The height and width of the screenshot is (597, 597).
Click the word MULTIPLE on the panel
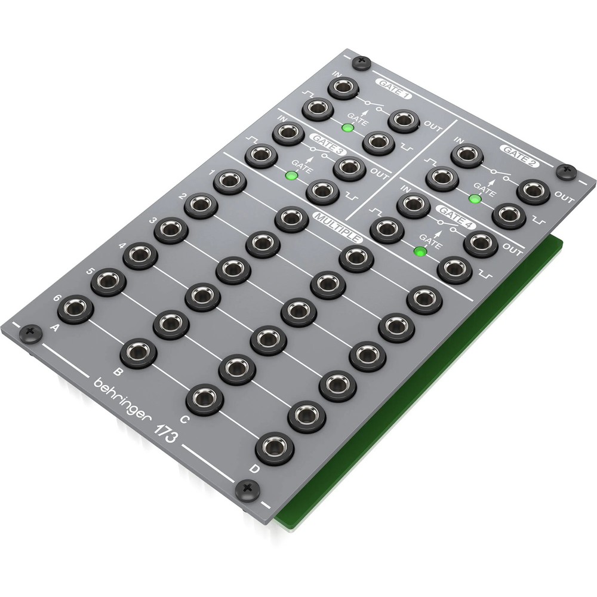pos(338,224)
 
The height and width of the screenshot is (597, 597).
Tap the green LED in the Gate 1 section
pos(346,128)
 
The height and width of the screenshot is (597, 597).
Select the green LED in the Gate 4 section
pos(420,251)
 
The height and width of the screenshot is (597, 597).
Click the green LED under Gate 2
pos(475,198)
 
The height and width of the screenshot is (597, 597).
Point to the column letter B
pos(118,374)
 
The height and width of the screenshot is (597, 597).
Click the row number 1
pos(212,173)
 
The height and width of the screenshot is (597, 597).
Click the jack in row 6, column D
pos(274,448)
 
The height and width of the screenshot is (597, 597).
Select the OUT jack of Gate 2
pos(534,190)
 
